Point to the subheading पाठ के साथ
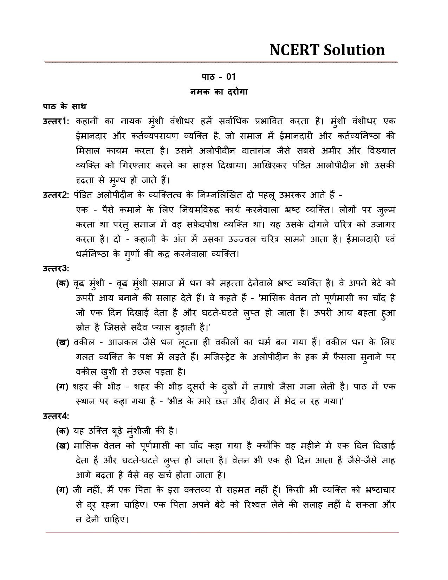pyautogui.click(x=65, y=106)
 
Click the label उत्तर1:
pyautogui.click(x=56, y=121)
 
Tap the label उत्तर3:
pyautogui.click(x=56, y=269)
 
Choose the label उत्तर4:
pyautogui.click(x=56, y=416)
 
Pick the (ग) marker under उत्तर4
pyautogui.click(x=63, y=490)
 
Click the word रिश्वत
pyautogui.click(x=259, y=505)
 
